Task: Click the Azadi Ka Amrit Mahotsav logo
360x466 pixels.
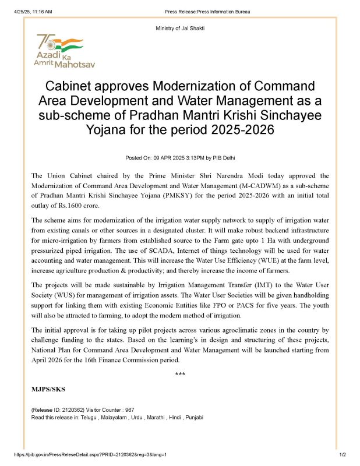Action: tap(65, 51)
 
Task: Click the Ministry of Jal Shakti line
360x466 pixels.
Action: tap(179, 29)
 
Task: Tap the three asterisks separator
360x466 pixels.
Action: tap(180, 374)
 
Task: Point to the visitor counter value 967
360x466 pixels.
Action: tap(129, 410)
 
